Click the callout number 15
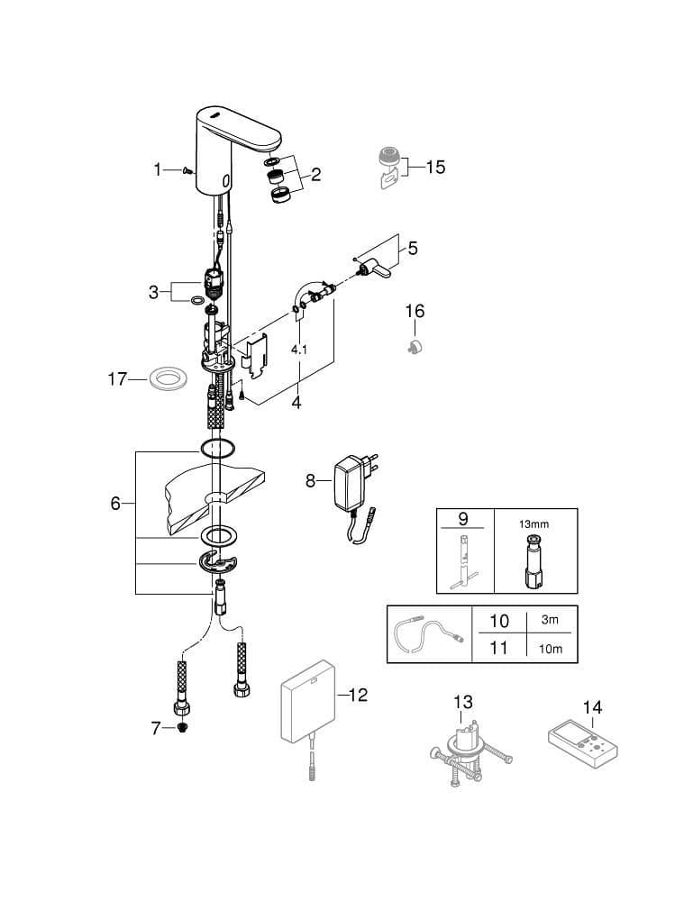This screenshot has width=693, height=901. click(435, 168)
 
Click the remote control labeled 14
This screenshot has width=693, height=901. click(581, 745)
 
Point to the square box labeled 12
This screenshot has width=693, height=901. click(306, 702)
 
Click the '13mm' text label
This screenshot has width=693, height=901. click(533, 524)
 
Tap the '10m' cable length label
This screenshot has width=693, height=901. click(551, 649)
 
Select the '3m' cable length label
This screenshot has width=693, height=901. click(550, 620)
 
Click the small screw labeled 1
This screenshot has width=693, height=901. click(187, 169)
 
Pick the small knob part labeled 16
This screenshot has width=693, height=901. click(415, 346)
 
